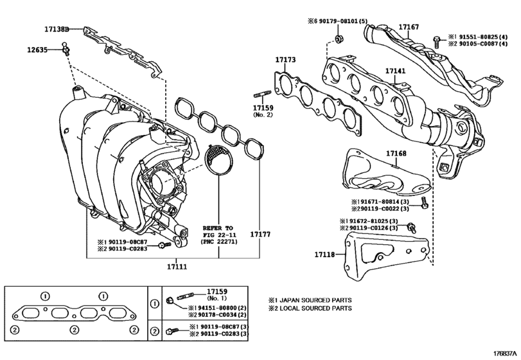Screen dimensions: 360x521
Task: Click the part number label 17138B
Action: (57, 29)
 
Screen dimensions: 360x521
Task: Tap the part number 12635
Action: (38, 49)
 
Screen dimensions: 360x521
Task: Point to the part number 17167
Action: (409, 27)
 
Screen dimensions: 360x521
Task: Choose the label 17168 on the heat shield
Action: (396, 154)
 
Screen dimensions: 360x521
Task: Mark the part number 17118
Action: (324, 255)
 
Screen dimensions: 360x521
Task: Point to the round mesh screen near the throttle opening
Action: (218, 158)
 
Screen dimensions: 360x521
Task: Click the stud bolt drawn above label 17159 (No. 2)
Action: (263, 93)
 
